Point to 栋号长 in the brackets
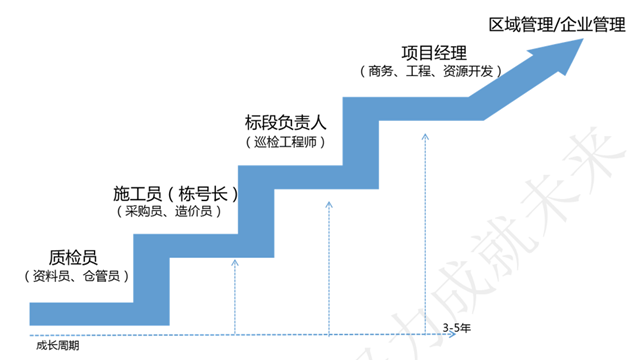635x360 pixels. pos(201,191)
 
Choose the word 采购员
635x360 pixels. pos(145,211)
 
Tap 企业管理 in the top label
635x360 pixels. pos(591,23)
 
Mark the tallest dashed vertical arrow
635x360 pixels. pos(425,230)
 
